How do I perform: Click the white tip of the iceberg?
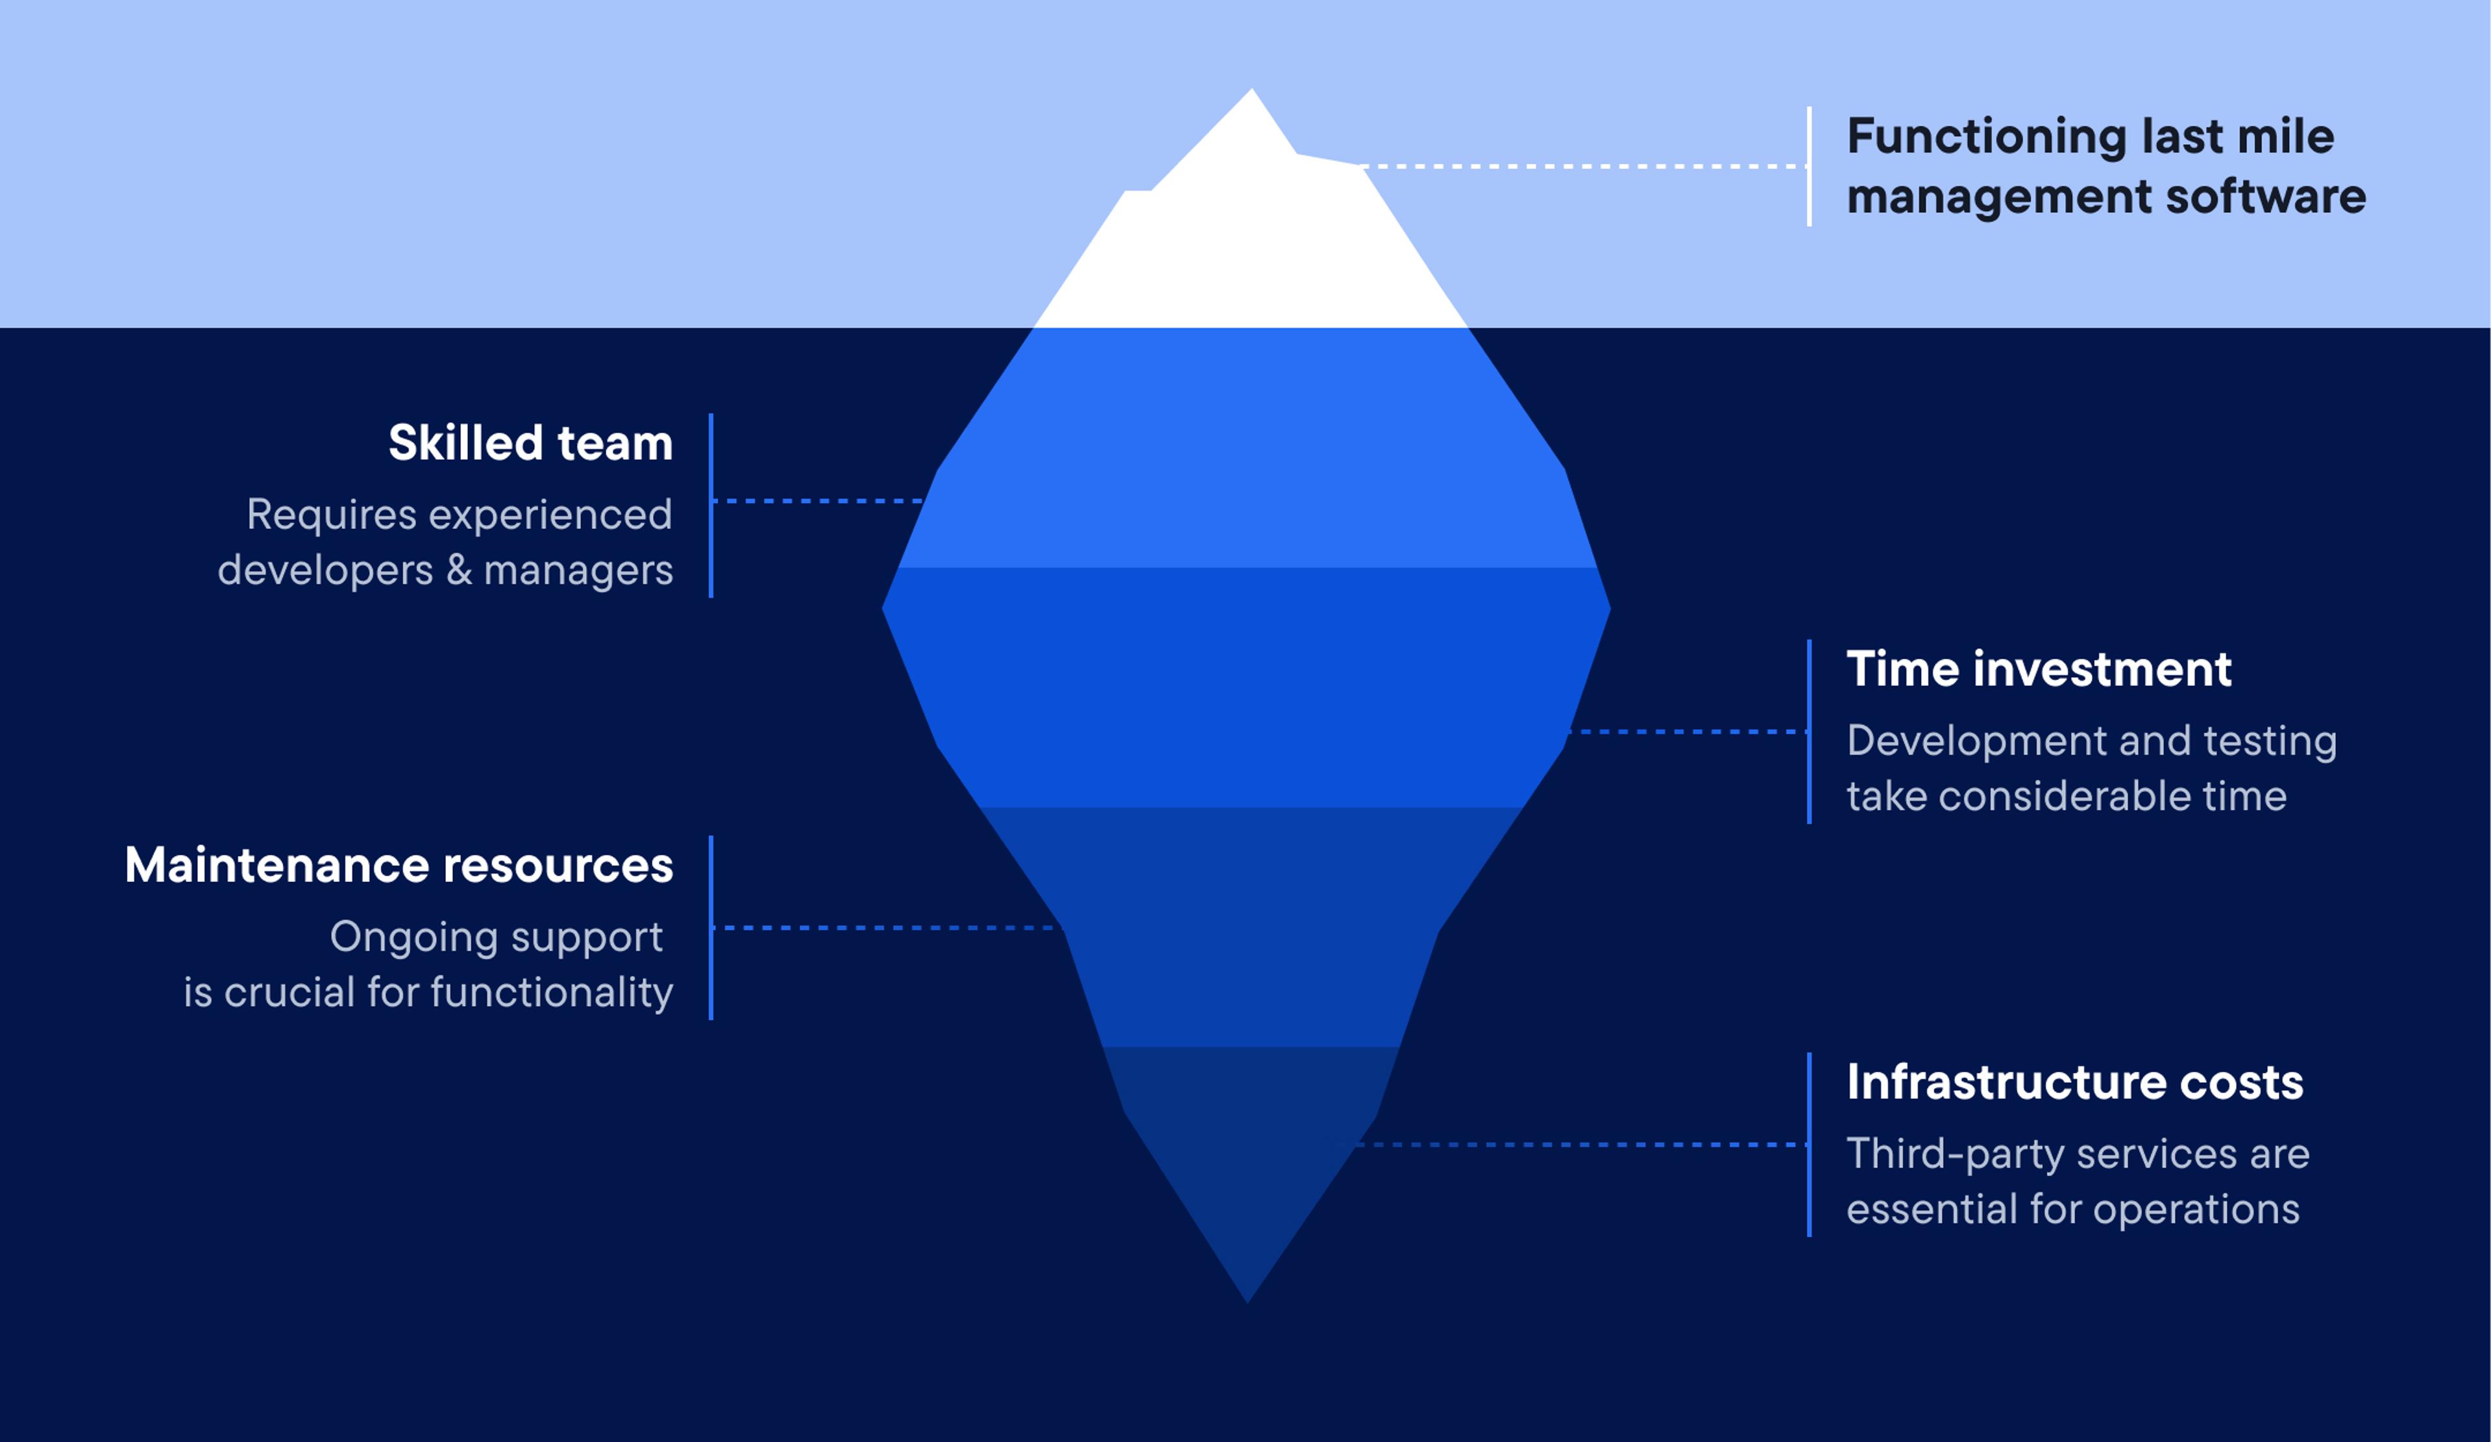tap(1251, 238)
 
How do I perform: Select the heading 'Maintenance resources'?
tap(399, 865)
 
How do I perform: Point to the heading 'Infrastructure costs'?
tap(2074, 1082)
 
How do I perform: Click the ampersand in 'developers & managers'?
tap(459, 570)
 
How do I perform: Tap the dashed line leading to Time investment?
tap(1688, 731)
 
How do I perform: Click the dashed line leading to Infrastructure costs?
tap(1582, 1145)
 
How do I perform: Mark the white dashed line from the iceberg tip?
tap(1582, 166)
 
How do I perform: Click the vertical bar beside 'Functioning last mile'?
tap(1809, 166)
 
